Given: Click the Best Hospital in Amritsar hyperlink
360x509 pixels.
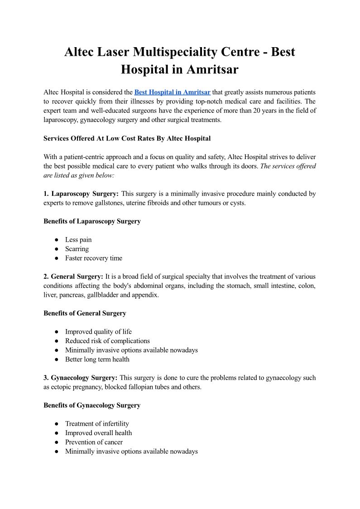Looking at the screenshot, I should point(172,92).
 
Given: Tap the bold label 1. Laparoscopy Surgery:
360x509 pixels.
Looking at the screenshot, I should point(81,194).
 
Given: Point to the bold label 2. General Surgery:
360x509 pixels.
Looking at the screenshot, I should point(73,276).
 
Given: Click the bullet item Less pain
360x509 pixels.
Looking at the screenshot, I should point(78,240).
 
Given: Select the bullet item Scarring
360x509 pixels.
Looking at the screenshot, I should point(77,249).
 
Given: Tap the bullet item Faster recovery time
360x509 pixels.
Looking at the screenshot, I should point(94,258).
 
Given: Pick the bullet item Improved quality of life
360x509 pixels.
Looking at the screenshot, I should point(98,332).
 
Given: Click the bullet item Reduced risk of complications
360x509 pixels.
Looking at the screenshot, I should point(107,341).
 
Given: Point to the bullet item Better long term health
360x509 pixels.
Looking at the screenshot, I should point(97,359).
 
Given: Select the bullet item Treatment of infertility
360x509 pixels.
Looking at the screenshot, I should point(97,424).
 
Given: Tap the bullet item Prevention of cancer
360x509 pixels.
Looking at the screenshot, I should point(94,442).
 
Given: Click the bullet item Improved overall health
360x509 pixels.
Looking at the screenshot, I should point(98,433).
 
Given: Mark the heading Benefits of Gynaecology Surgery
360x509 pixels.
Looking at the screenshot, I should point(92,405).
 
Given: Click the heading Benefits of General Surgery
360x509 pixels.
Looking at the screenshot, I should point(85,313).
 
